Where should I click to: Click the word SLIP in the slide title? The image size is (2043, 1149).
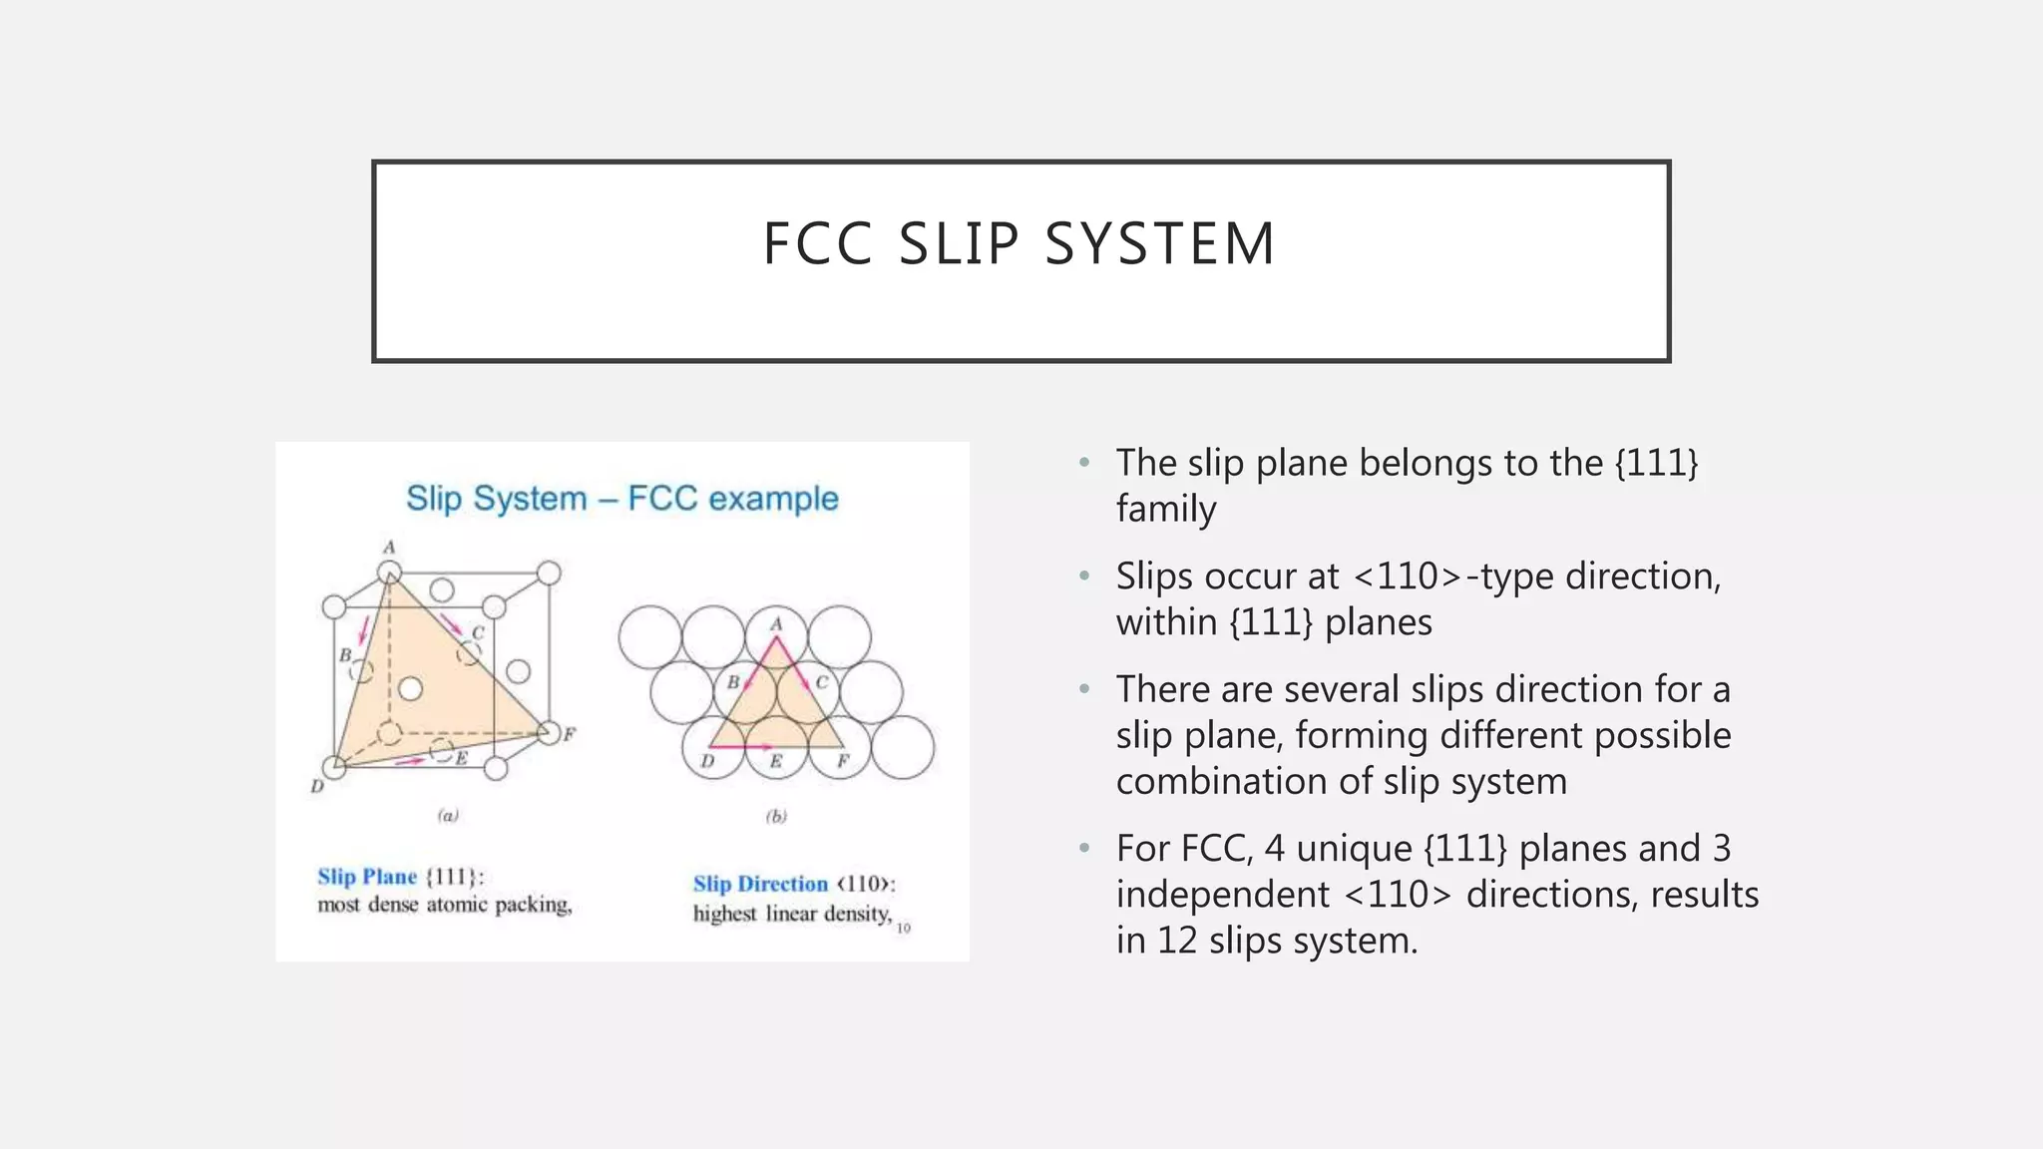[959, 244]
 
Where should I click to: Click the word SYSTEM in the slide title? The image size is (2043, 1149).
[1160, 244]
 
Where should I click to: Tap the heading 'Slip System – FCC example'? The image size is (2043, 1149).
[621, 498]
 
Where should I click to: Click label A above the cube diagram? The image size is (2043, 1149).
[390, 547]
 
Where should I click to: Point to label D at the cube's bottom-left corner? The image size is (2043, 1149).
[317, 786]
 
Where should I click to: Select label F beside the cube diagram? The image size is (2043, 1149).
[570, 735]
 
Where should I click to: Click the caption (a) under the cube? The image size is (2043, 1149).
[448, 816]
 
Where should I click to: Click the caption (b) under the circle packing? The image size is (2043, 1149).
[776, 816]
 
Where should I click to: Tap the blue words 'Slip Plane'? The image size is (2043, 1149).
[367, 877]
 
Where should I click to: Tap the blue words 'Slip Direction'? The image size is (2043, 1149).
[760, 884]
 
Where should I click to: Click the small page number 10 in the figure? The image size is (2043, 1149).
[903, 929]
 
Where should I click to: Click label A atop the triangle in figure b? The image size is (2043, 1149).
[776, 624]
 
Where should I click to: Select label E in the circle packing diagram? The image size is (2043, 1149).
[776, 762]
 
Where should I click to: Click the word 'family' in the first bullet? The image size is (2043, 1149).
[1165, 510]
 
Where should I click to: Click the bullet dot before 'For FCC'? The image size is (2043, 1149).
[1084, 849]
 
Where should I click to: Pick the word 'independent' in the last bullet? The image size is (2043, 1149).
[1222, 895]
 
